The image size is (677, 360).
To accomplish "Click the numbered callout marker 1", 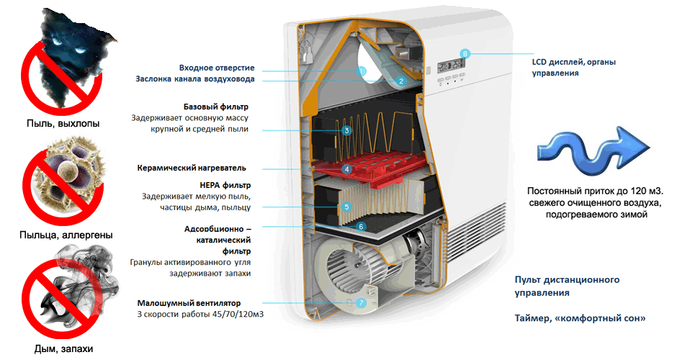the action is (x=362, y=71).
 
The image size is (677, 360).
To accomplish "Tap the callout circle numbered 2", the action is (x=401, y=81).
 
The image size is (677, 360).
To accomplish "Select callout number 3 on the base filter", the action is (x=346, y=130).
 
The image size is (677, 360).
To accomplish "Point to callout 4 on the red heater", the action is (x=346, y=169).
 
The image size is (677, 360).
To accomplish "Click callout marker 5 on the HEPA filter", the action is (x=346, y=207).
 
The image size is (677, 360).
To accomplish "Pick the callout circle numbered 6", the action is (x=362, y=227).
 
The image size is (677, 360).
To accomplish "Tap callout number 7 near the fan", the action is (x=361, y=303).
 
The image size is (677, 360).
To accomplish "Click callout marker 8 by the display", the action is (x=465, y=54).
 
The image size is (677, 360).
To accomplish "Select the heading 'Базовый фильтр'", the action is (x=216, y=107).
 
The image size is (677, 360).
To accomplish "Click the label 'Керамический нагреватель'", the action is (x=192, y=168).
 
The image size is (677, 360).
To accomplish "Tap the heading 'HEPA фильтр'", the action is (x=225, y=185).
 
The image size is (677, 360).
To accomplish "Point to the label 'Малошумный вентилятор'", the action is (x=189, y=303).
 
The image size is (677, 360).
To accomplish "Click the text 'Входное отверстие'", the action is (x=217, y=68).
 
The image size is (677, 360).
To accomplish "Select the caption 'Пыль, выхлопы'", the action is (x=63, y=123).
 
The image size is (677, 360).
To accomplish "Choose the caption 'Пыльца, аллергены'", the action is (x=66, y=235).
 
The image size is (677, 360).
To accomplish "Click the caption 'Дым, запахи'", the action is (x=63, y=348).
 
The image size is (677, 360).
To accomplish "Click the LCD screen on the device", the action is (x=451, y=66).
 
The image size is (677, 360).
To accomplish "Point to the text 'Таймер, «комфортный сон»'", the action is (x=580, y=318).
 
